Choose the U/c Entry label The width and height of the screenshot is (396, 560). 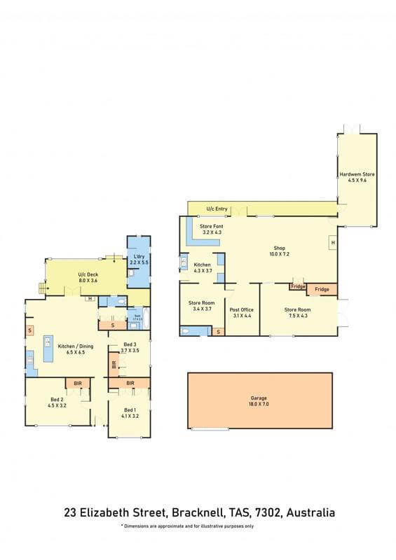coord(217,209)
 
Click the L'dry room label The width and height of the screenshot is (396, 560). coord(139,259)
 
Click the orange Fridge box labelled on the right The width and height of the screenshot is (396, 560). coord(322,289)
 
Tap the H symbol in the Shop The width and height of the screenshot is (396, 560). coord(333,242)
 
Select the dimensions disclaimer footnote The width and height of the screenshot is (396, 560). coord(187,526)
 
